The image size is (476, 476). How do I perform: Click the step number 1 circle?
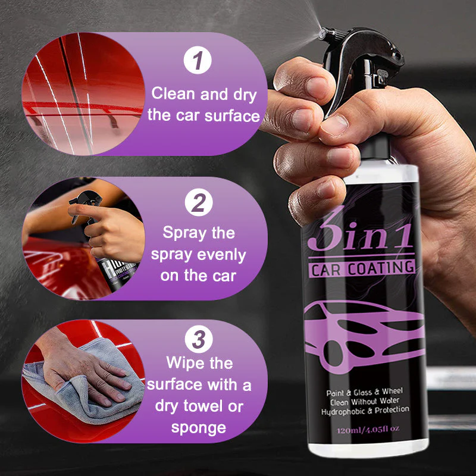(x=197, y=62)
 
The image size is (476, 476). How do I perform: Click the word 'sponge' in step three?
(x=199, y=427)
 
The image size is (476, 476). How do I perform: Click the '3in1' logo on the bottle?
(x=360, y=234)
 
